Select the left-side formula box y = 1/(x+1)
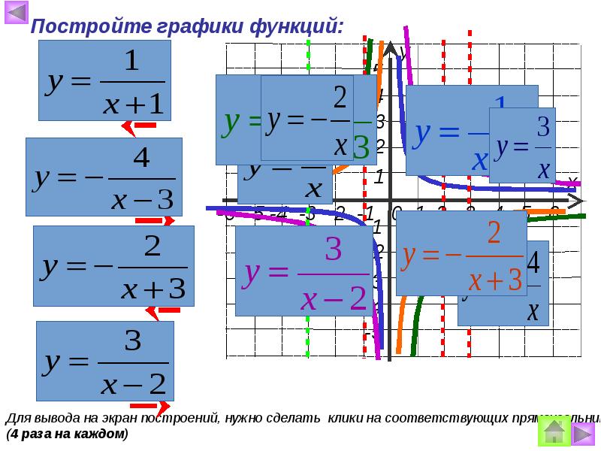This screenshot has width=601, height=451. (x=104, y=80)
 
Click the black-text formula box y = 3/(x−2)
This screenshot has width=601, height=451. (x=105, y=361)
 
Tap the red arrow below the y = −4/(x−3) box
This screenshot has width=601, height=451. (x=155, y=221)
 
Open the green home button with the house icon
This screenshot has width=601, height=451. (x=553, y=432)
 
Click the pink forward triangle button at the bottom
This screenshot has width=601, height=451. (x=584, y=433)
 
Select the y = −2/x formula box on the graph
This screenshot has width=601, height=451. (x=317, y=117)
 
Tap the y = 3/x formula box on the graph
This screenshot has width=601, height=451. (x=521, y=145)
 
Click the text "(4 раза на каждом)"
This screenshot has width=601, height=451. (x=68, y=434)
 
